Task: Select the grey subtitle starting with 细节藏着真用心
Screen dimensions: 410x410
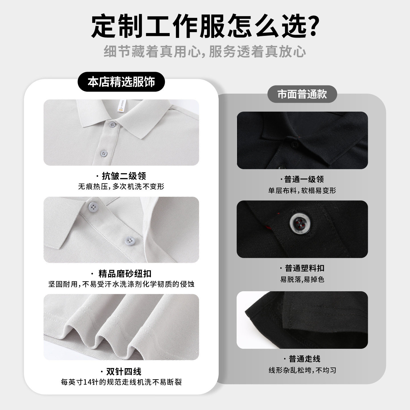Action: (205, 52)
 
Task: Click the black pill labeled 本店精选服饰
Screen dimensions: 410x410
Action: (121, 82)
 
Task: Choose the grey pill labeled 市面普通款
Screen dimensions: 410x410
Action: (302, 94)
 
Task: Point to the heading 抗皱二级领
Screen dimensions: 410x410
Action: (123, 176)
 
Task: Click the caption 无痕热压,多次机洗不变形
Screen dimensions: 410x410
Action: (121, 187)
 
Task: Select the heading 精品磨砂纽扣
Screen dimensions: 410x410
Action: (124, 274)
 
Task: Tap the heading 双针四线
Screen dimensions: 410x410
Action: (123, 371)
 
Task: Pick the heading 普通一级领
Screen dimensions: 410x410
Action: (304, 179)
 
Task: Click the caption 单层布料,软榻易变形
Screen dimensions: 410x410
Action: (302, 190)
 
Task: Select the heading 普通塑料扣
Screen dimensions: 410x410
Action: (304, 268)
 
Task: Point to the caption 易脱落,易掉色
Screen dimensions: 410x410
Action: (302, 279)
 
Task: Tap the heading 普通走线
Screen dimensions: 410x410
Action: (304, 359)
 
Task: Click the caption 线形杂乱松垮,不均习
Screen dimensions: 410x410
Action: (302, 370)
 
